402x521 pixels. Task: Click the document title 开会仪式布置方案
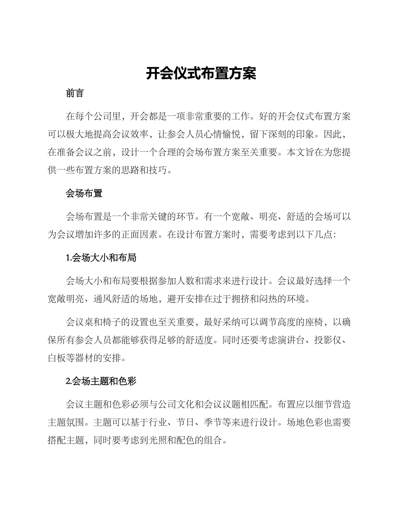[x=201, y=74]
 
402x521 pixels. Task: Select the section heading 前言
[x=75, y=94]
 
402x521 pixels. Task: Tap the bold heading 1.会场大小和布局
[x=101, y=258]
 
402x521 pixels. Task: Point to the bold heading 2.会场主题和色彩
[x=101, y=381]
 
